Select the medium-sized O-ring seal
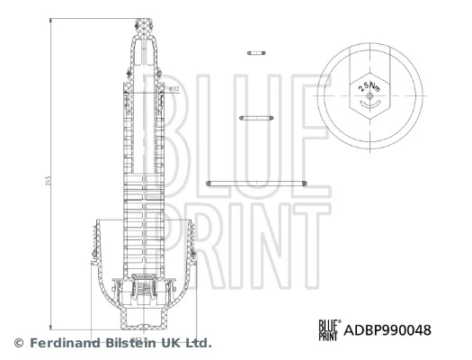click(x=255, y=117)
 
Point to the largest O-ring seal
click(x=257, y=183)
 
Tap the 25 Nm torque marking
click(x=367, y=86)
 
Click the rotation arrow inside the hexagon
click(x=368, y=103)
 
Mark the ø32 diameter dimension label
click(x=174, y=88)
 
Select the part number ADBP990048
click(x=388, y=330)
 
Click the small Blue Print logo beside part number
click(x=328, y=330)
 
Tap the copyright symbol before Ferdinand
click(x=17, y=343)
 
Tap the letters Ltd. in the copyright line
click(x=198, y=343)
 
